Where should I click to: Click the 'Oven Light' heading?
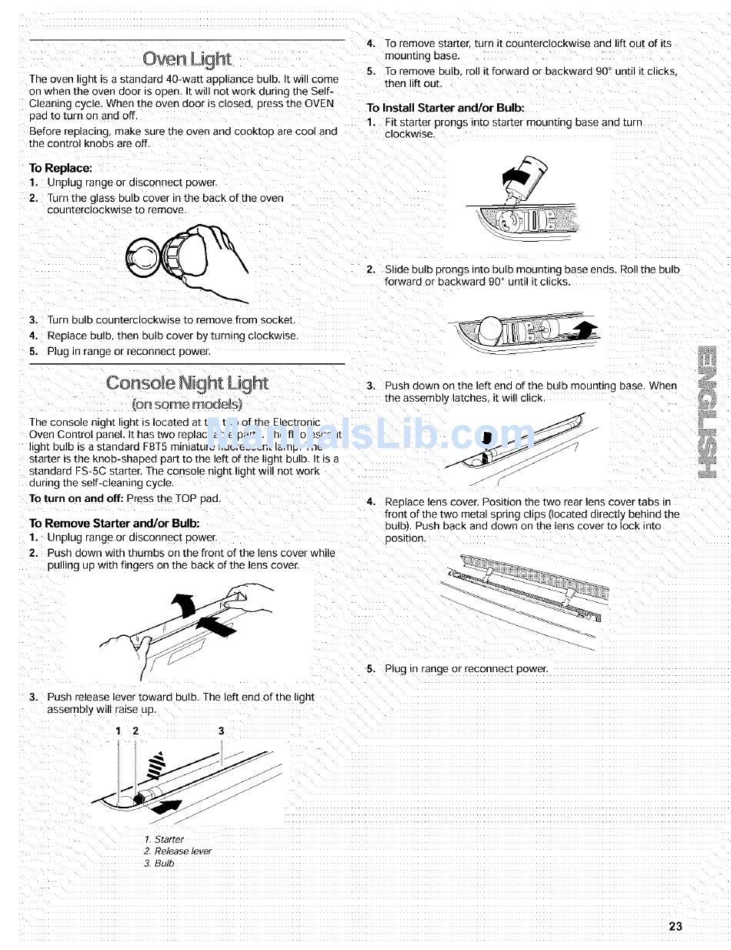(187, 59)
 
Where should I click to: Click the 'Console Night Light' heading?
(187, 383)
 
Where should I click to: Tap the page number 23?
(675, 926)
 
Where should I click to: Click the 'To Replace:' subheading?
(60, 168)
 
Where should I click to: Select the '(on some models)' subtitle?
(187, 403)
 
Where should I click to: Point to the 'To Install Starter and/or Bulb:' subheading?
(446, 108)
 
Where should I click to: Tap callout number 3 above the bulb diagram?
(221, 731)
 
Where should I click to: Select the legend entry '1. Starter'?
(164, 839)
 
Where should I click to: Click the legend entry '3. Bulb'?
(159, 863)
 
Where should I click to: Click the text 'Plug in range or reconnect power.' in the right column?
(466, 668)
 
